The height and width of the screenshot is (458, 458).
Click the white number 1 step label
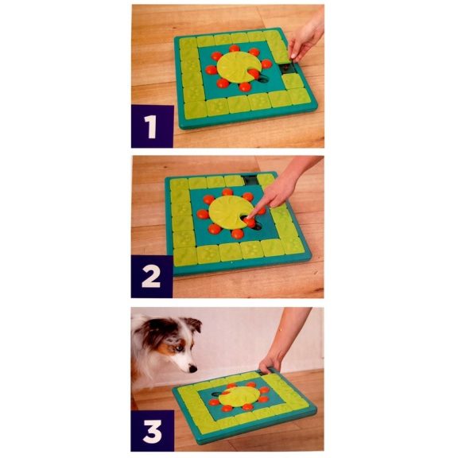(x=152, y=126)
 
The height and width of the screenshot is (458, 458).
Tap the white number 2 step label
(x=152, y=277)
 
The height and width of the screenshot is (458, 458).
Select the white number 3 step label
(x=152, y=430)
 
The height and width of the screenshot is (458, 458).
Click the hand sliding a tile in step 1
(x=307, y=40)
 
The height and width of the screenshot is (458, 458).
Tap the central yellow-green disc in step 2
(x=231, y=213)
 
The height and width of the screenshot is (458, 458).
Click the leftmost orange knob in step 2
(x=204, y=214)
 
